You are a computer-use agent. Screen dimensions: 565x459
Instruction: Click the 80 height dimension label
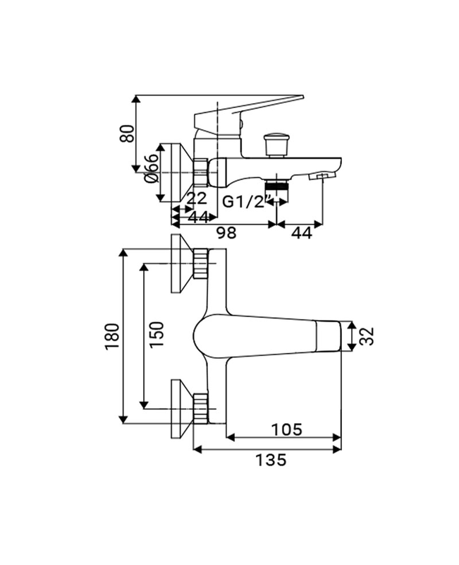128,132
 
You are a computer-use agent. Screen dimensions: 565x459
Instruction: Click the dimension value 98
226,232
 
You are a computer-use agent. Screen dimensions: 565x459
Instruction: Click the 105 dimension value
285,429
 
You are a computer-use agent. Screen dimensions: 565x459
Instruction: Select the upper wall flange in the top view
180,266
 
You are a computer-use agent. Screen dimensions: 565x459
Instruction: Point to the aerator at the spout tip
322,176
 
